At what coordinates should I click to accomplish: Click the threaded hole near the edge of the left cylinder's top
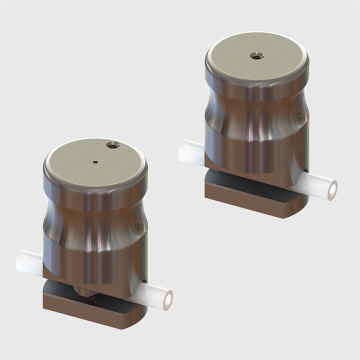[x=113, y=145]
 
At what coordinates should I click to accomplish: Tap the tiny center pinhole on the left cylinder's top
[x=95, y=161]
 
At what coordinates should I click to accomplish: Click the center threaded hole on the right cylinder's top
[x=256, y=55]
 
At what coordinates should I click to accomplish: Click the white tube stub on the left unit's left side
[x=29, y=262]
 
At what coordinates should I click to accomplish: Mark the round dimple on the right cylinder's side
[x=298, y=115]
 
